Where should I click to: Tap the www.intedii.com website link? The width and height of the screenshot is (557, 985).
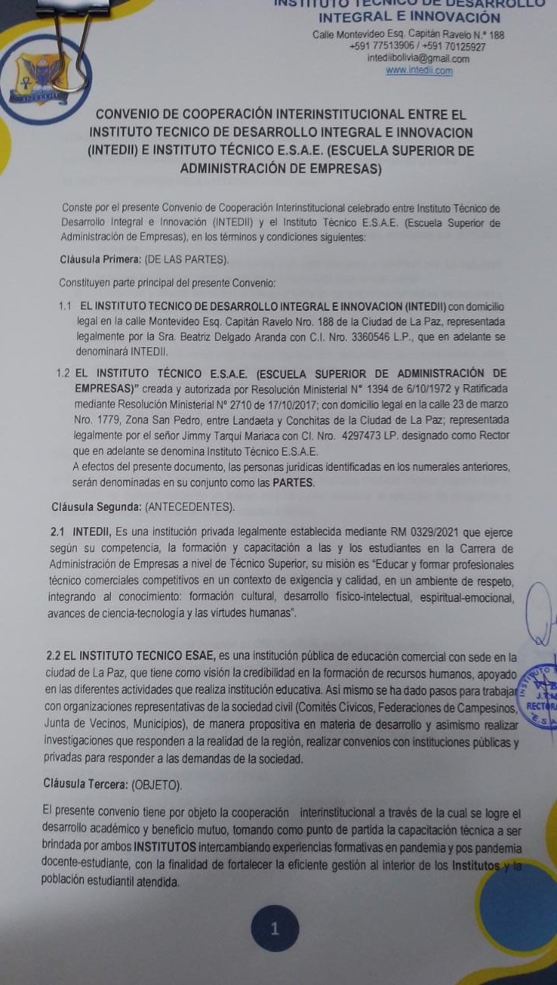pyautogui.click(x=419, y=71)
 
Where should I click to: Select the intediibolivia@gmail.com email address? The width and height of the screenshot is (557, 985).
pyautogui.click(x=419, y=58)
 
